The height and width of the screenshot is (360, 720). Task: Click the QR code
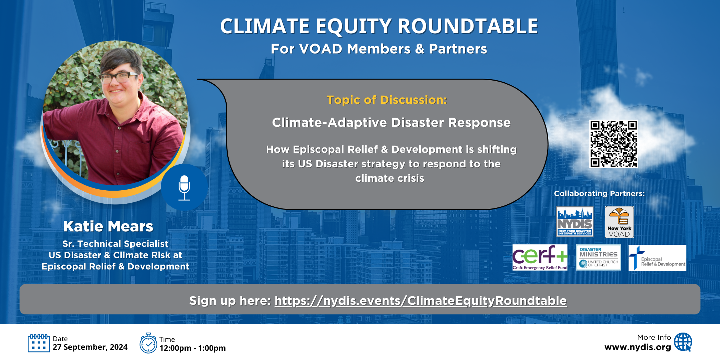pos(613,144)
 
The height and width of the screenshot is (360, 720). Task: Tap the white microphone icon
pos(184,188)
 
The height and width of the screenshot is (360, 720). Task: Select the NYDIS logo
pos(575,222)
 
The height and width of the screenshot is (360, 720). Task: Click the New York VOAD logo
pos(619,222)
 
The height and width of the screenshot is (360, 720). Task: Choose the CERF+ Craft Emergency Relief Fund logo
pos(540,257)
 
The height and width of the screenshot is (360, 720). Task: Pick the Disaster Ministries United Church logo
pos(599,257)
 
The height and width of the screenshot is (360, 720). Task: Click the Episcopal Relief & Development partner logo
pos(658,258)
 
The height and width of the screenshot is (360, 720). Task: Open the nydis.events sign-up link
pos(421,301)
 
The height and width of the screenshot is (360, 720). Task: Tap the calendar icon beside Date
pos(38,343)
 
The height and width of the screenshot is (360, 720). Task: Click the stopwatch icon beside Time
pos(148,343)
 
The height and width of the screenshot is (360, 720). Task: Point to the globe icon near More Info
pos(683,342)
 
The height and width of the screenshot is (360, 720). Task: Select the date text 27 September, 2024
pos(90,347)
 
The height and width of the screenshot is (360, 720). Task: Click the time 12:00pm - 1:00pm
pos(193,348)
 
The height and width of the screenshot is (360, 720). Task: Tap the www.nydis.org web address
pos(638,347)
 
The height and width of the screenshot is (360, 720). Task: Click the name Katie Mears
pos(108,226)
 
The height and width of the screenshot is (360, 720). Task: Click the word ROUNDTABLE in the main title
pos(468,26)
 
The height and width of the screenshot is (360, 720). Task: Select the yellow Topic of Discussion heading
pos(387,100)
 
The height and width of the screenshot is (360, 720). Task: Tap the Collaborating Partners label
pos(599,194)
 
